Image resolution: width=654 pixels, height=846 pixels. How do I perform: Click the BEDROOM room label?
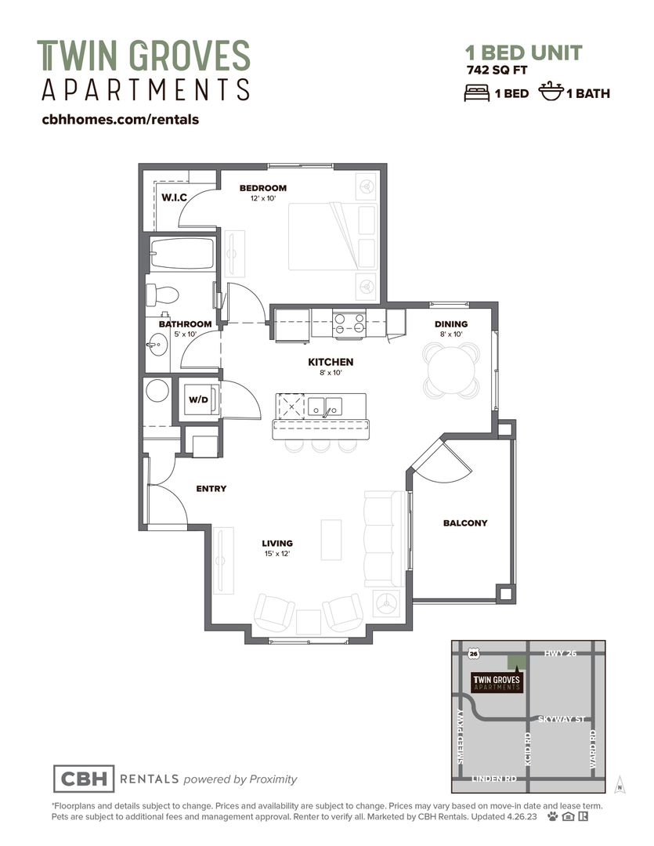tap(263, 188)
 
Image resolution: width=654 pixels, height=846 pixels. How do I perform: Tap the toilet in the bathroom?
tap(163, 295)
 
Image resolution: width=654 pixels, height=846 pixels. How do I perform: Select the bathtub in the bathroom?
tap(182, 254)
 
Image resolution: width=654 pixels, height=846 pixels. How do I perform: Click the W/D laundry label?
tap(198, 399)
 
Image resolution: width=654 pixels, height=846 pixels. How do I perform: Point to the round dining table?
tap(452, 370)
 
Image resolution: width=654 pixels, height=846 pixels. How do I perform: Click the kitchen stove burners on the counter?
tap(349, 324)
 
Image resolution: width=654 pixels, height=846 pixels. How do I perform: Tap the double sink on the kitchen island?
tap(325, 407)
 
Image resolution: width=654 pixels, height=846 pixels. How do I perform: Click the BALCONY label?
tap(465, 522)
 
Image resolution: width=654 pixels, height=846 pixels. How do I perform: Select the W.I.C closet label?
tap(175, 197)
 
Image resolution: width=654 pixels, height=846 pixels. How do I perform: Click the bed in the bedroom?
tap(332, 237)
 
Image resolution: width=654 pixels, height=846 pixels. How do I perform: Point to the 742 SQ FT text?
tap(497, 70)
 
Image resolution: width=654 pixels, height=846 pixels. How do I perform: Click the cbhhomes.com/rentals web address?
tap(121, 119)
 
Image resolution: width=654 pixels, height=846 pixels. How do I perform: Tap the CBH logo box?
tap(84, 779)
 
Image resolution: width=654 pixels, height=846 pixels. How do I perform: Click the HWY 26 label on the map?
tap(560, 653)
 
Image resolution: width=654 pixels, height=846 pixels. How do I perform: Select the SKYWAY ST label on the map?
tap(562, 719)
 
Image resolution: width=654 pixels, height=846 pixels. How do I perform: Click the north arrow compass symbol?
tap(620, 784)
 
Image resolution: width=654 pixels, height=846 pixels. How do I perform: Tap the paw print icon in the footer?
tap(552, 816)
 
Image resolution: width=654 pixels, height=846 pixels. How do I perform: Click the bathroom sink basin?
tap(157, 344)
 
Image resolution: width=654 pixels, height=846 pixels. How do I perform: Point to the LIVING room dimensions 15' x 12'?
tap(277, 554)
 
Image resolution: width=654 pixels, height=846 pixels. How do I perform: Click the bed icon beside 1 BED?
tap(477, 92)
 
